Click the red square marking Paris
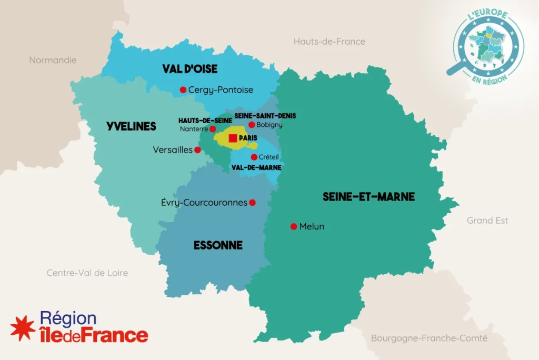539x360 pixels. (x=233, y=138)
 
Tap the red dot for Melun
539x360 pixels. (x=294, y=227)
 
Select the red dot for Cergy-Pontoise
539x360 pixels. (x=183, y=90)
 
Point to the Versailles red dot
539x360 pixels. (x=197, y=150)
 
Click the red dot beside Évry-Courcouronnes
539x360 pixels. (x=252, y=203)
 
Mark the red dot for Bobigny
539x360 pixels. (x=252, y=125)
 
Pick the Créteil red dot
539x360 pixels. (x=254, y=157)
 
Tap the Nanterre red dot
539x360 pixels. (x=213, y=129)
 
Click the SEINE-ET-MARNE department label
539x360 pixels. (x=368, y=197)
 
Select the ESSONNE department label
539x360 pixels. (x=218, y=245)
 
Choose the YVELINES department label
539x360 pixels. (x=131, y=126)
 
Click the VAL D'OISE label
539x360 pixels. (x=190, y=69)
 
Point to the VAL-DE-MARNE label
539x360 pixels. (x=256, y=167)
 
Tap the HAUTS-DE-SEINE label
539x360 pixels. (x=205, y=121)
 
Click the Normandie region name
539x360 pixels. (x=53, y=60)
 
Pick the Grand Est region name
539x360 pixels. (x=487, y=221)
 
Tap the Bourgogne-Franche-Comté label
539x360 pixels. (x=429, y=338)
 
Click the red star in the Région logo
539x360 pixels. (x=23, y=327)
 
